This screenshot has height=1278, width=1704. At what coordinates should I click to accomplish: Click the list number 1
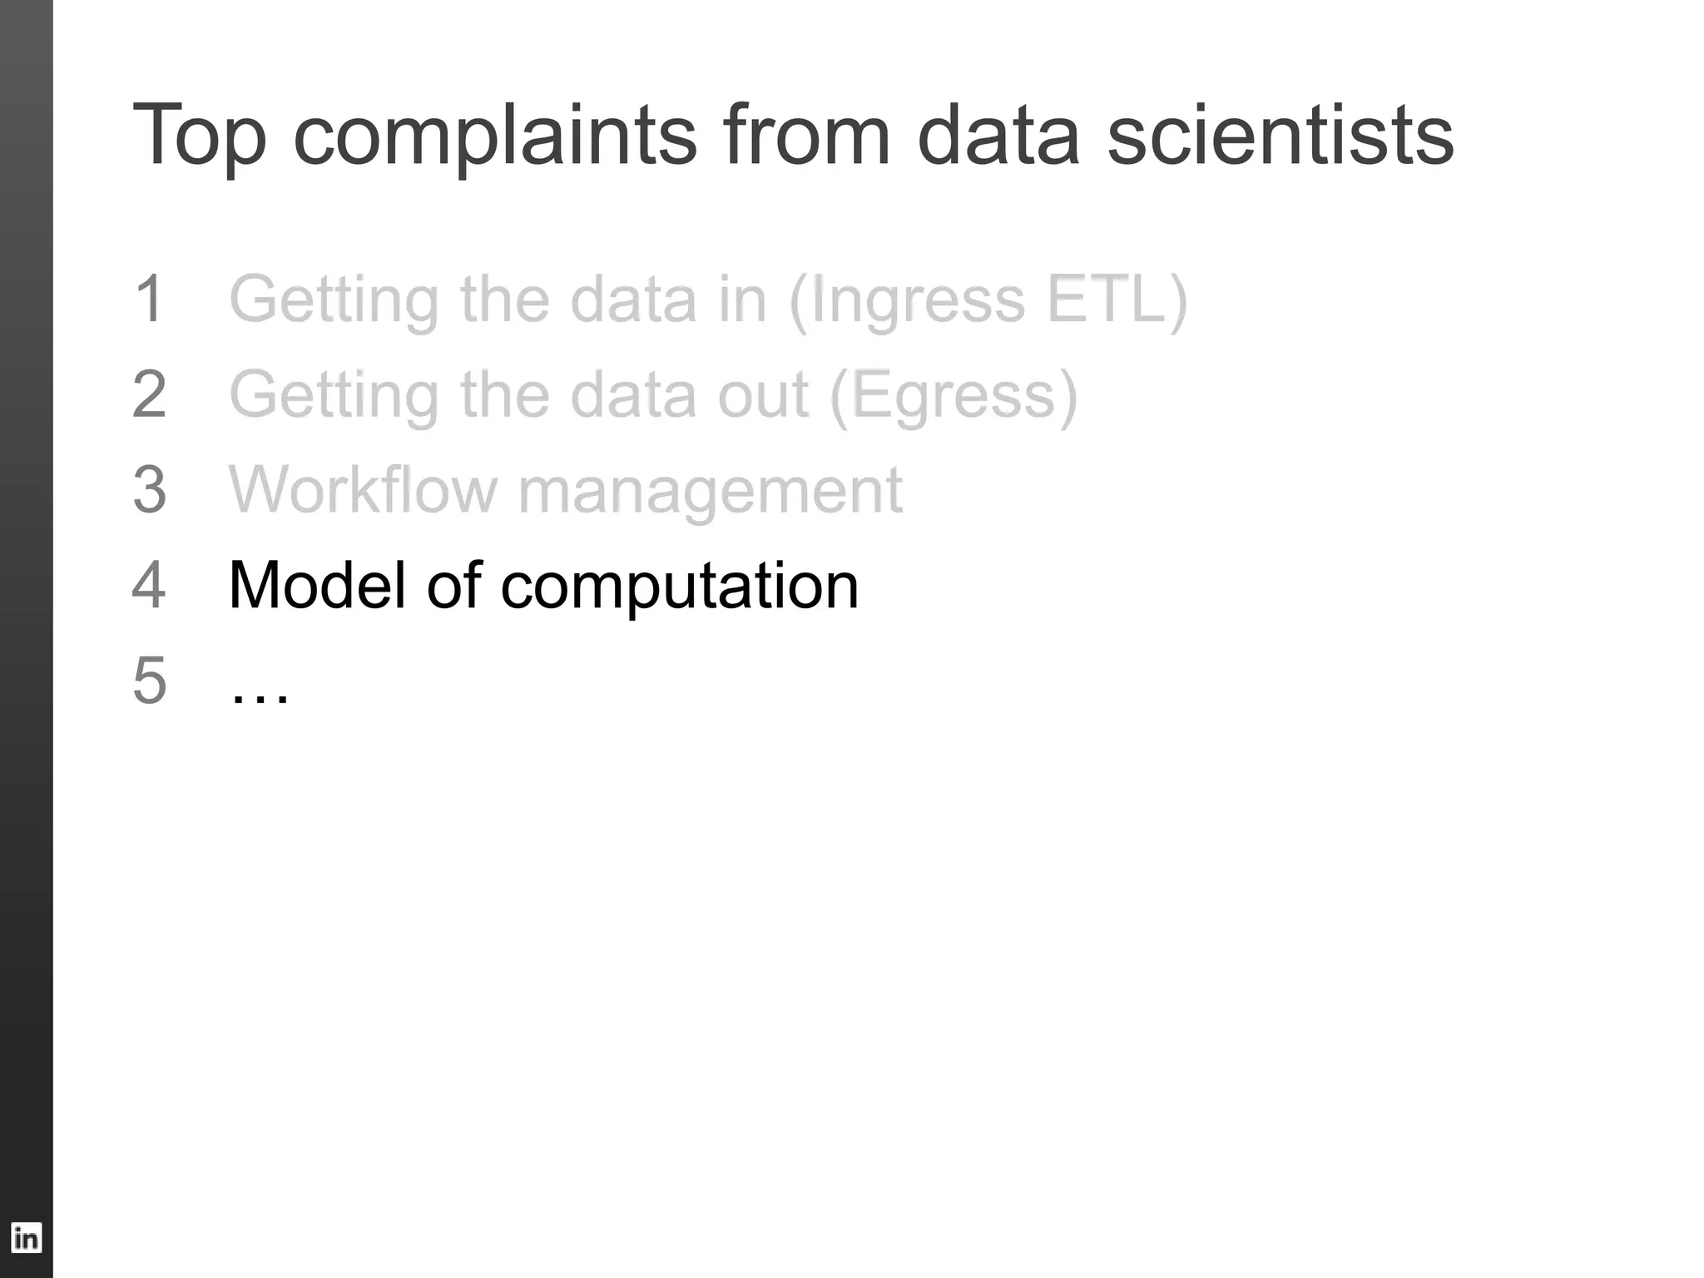click(149, 300)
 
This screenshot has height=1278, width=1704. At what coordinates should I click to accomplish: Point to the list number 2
click(150, 394)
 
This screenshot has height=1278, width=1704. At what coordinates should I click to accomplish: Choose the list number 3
click(150, 490)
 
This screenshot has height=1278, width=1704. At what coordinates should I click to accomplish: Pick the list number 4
click(149, 585)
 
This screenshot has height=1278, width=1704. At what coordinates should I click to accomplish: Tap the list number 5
click(150, 681)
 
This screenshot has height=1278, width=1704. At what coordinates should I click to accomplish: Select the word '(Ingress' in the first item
click(907, 301)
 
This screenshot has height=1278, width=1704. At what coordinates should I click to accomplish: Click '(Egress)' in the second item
click(954, 396)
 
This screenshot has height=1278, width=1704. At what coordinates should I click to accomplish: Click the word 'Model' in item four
click(316, 585)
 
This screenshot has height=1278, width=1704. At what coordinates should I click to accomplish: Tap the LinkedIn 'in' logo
click(26, 1238)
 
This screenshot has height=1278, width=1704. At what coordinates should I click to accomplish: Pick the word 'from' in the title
click(807, 135)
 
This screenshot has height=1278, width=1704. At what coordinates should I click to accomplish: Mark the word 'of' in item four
click(454, 585)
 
